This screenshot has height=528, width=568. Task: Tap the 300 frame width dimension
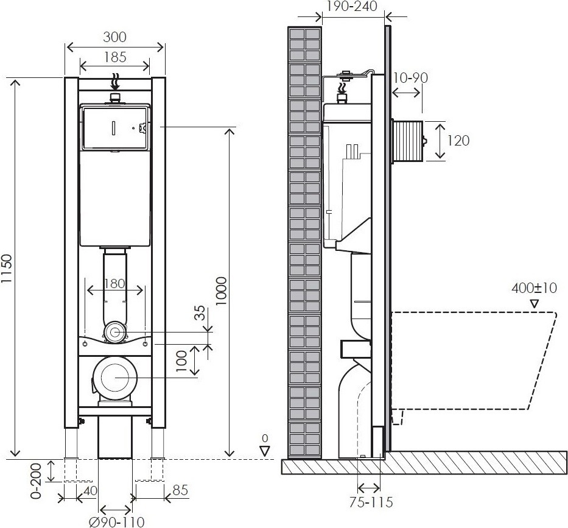tap(115, 37)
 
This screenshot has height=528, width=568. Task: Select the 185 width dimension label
tap(115, 57)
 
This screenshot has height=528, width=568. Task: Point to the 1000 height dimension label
tap(220, 291)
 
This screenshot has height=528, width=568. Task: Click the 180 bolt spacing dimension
tap(115, 283)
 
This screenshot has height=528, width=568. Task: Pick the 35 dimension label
tap(200, 313)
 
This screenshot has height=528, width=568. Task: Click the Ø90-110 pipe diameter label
tap(117, 522)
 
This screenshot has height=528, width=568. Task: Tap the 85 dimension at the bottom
tap(180, 490)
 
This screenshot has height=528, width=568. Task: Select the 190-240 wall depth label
tap(352, 6)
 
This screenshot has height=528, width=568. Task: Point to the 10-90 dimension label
tap(411, 77)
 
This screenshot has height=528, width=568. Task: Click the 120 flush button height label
tap(458, 141)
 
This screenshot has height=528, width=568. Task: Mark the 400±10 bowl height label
tap(534, 288)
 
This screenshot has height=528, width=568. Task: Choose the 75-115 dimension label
tap(371, 502)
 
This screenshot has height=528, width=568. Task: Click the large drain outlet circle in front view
tap(115, 377)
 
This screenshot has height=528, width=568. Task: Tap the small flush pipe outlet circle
tap(115, 332)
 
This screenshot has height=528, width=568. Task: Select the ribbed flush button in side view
tap(409, 141)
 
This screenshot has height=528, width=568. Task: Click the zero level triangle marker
tap(265, 451)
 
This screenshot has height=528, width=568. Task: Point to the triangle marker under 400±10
tap(535, 304)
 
